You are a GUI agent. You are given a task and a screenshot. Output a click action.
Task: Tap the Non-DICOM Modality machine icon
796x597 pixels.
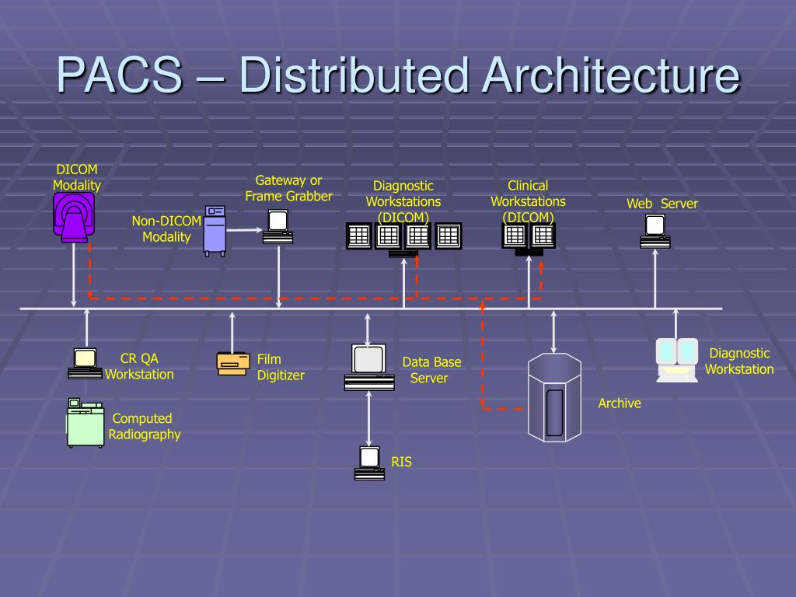(x=214, y=230)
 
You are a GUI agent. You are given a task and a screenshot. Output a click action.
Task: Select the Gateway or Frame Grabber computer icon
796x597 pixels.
(x=278, y=226)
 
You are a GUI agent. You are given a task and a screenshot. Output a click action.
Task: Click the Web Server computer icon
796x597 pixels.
(x=655, y=231)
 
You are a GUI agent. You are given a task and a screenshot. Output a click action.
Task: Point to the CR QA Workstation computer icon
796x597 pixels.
(x=85, y=363)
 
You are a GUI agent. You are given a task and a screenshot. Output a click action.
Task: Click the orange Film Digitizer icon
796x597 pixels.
(x=233, y=363)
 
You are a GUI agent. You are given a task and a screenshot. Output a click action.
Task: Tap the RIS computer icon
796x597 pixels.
(x=369, y=463)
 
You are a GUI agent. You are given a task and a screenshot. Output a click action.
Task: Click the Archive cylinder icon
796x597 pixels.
(x=554, y=396)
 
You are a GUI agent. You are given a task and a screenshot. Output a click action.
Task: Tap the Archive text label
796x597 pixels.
(x=620, y=403)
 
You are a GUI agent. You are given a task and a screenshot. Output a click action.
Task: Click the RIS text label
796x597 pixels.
(x=401, y=462)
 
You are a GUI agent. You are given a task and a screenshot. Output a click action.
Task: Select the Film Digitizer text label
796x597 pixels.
(x=281, y=368)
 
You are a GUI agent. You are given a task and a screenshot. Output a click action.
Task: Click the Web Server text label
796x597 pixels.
(x=662, y=204)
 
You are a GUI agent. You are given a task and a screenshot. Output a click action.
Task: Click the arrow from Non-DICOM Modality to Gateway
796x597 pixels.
(x=243, y=229)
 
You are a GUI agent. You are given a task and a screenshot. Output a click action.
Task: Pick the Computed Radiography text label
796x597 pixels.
(x=144, y=427)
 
